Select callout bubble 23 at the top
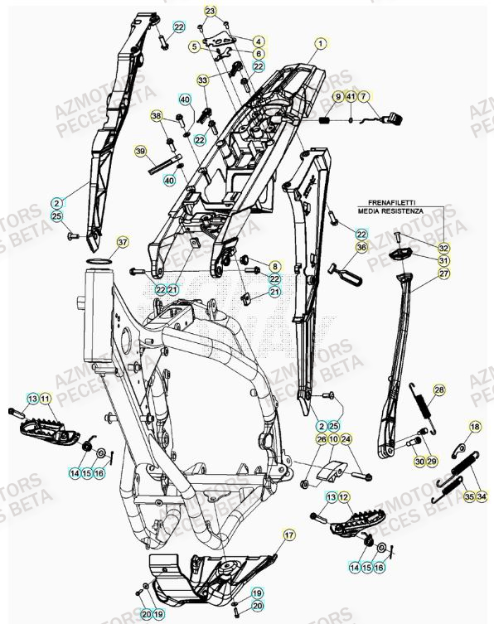211,11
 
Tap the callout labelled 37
123,242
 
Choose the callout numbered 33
202,80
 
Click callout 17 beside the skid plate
288,536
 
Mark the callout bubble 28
438,389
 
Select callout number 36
361,247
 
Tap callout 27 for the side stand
444,273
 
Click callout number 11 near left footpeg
46,399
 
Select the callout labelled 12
346,496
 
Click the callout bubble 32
444,248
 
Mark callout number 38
157,117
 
